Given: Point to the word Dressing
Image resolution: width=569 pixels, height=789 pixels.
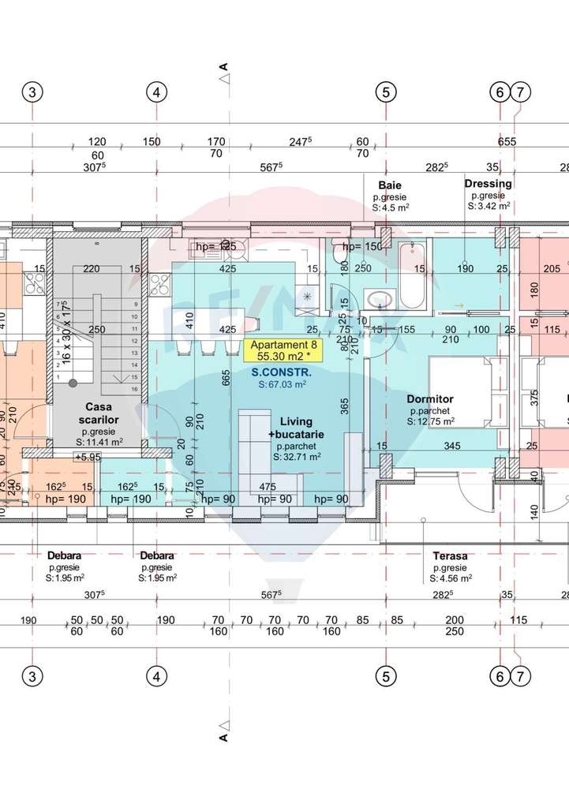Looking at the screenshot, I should coord(488,184).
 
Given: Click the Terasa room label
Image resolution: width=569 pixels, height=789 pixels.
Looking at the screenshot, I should coord(450,555).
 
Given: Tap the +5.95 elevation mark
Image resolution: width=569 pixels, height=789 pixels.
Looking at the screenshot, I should coord(87,457).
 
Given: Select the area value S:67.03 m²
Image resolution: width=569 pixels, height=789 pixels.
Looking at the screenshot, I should coord(281,384).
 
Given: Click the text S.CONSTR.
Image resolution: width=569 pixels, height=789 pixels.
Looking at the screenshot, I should coord(281,372).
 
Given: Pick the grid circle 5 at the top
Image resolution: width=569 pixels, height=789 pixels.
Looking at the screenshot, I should coord(385,92).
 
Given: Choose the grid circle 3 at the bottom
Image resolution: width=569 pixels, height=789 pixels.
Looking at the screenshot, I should coord(32,676).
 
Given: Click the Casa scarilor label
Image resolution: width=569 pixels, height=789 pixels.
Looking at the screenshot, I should coord(99,413).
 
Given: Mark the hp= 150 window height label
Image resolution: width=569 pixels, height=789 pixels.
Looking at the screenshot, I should coord(362,247).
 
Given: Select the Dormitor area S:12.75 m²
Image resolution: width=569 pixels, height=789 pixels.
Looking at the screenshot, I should coord(430,422).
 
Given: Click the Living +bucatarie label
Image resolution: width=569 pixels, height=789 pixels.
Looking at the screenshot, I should coord(295,428).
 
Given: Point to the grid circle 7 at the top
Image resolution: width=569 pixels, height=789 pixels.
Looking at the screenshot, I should coord(520,92).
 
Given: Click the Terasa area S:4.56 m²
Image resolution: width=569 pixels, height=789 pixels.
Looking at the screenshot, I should coord(450,578).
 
